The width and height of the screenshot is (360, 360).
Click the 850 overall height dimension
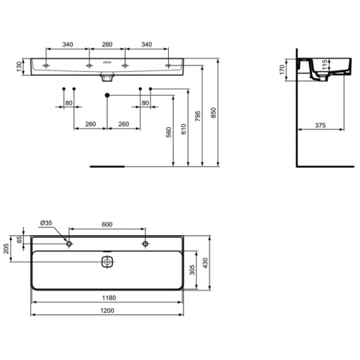click(x=214, y=113)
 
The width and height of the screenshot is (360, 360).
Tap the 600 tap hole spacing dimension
click(x=106, y=224)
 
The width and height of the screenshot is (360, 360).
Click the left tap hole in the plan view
click(x=70, y=243)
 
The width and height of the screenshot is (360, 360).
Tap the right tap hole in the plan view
click(x=145, y=243)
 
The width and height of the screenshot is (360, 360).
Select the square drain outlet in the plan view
click(x=106, y=261)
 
